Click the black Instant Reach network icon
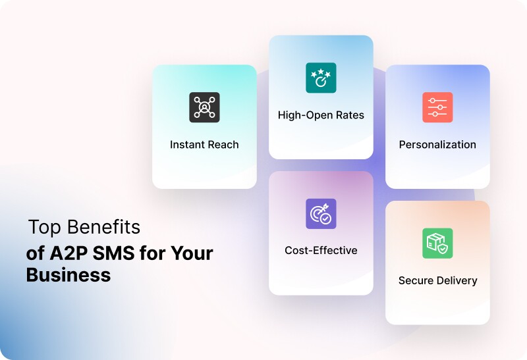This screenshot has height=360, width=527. point(204,107)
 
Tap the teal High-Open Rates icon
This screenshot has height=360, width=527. point(321,78)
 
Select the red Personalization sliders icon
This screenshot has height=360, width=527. point(437,107)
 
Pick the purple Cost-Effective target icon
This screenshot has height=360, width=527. point(321,214)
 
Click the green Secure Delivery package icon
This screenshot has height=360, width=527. point(437,244)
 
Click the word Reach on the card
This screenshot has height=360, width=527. point(224,144)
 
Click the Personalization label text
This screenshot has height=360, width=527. point(437,144)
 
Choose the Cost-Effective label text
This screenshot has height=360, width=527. point(321,250)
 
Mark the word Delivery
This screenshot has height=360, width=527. point(458,280)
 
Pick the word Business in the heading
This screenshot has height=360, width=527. point(69,275)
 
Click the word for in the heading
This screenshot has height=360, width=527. point(152,253)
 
